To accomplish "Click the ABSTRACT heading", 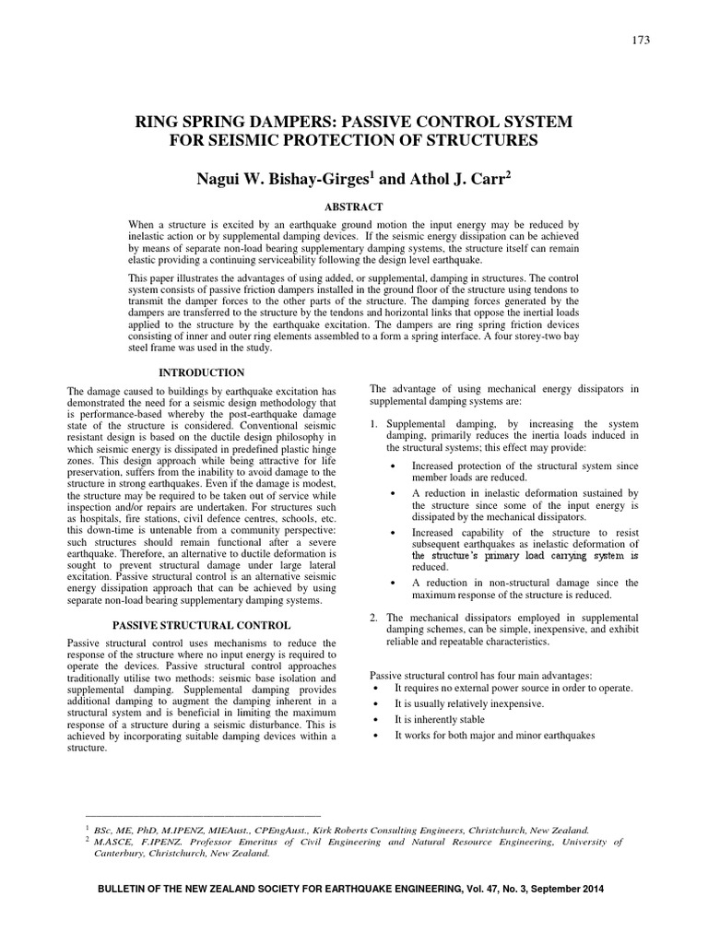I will pyautogui.click(x=353, y=207).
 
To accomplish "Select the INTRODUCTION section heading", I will pyautogui.click(x=202, y=372).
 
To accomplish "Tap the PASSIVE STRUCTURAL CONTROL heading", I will pyautogui.click(x=202, y=623).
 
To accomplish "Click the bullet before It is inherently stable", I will pyautogui.click(x=378, y=719).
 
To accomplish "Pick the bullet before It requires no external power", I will pyautogui.click(x=378, y=688).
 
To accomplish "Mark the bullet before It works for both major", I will pyautogui.click(x=378, y=735).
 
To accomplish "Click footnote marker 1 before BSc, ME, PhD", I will pyautogui.click(x=86, y=829).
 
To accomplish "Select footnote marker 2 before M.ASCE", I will pyautogui.click(x=86, y=840).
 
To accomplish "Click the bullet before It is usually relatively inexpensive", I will pyautogui.click(x=378, y=703).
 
